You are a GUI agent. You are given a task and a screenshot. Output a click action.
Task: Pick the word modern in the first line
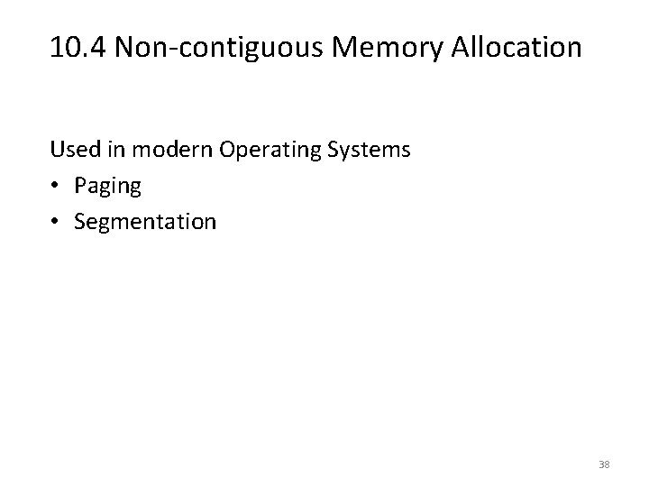click(x=159, y=149)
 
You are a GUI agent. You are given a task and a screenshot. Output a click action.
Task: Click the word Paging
click(x=108, y=186)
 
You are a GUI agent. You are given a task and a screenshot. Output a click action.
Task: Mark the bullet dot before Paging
click(x=56, y=186)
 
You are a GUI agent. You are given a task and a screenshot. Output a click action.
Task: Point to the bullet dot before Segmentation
click(x=56, y=221)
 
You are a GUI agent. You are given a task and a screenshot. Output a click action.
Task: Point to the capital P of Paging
click(x=81, y=186)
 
